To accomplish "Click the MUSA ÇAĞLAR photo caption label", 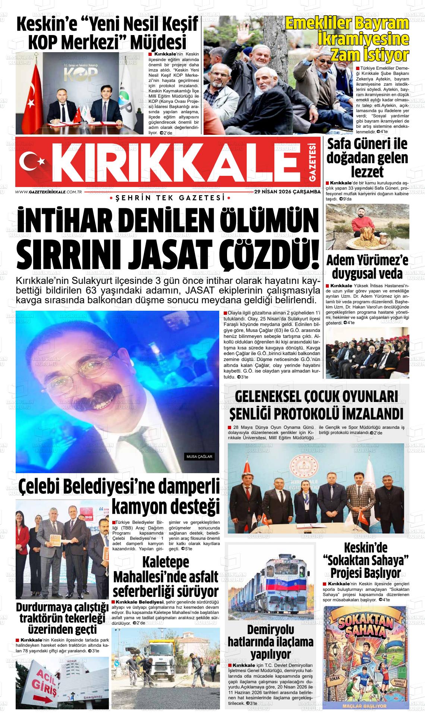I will [199, 456].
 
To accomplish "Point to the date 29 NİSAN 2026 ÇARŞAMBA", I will [287, 191].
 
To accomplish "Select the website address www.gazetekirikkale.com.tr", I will [49, 191].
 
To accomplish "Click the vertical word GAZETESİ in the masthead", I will [312, 162].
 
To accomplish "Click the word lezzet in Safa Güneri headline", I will [367, 172].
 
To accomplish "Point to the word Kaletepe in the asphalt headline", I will [166, 563].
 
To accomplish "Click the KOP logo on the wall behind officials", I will [78, 74].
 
